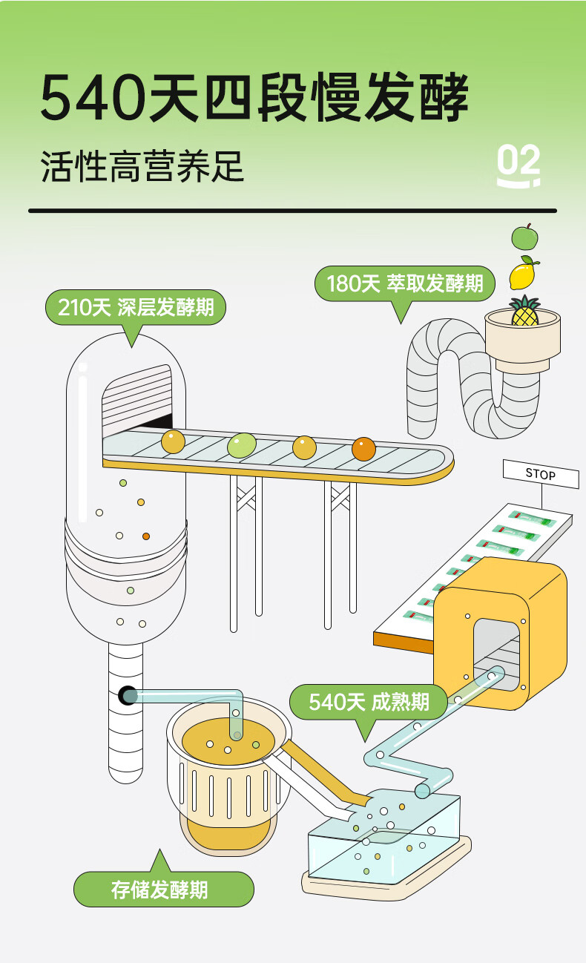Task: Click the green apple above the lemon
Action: click(x=524, y=237)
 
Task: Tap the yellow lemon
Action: click(x=523, y=275)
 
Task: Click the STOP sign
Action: click(x=541, y=473)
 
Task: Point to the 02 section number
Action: click(x=518, y=165)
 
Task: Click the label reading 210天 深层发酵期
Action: click(x=136, y=307)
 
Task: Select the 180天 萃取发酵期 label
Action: click(x=404, y=283)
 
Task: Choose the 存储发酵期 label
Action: click(x=163, y=890)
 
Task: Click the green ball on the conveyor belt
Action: click(x=241, y=444)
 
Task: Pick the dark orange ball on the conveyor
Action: click(x=363, y=449)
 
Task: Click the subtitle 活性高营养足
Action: click(x=142, y=167)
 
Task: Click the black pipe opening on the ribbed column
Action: click(x=127, y=695)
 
